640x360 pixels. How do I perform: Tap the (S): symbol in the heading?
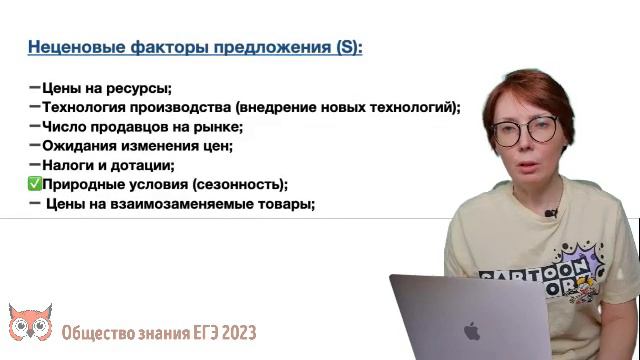pos(348,47)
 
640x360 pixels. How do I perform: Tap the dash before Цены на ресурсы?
pos(35,88)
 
